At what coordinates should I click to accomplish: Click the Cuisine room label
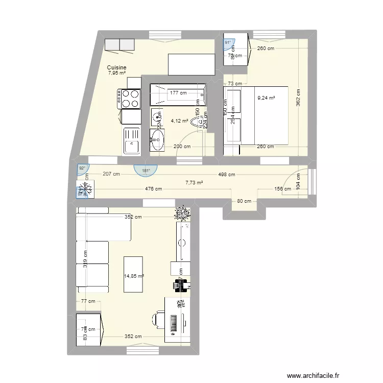click(x=116, y=67)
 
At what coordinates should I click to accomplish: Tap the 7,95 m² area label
click(x=116, y=73)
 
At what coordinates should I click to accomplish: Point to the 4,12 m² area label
click(x=179, y=121)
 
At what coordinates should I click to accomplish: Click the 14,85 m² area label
click(x=134, y=276)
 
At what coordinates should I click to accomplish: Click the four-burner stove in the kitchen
click(x=129, y=99)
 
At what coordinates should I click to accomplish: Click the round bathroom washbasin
click(x=157, y=138)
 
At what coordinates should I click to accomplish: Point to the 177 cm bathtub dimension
click(x=178, y=93)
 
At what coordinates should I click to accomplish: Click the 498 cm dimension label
click(x=226, y=175)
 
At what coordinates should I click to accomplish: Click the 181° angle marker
click(x=146, y=170)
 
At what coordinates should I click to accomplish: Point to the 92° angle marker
click(x=82, y=167)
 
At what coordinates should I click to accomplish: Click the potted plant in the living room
click(x=182, y=212)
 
